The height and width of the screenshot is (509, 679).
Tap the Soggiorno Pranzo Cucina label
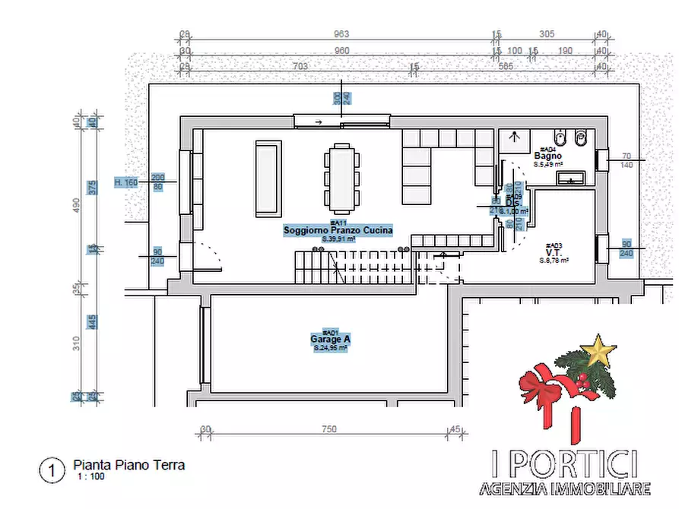(338, 229)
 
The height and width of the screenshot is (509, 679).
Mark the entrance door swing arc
(209, 254)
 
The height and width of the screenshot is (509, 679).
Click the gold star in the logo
(598, 352)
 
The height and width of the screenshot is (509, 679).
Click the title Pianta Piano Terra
(129, 465)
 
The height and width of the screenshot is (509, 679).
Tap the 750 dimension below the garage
(328, 429)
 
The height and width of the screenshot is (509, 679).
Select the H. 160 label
(126, 182)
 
